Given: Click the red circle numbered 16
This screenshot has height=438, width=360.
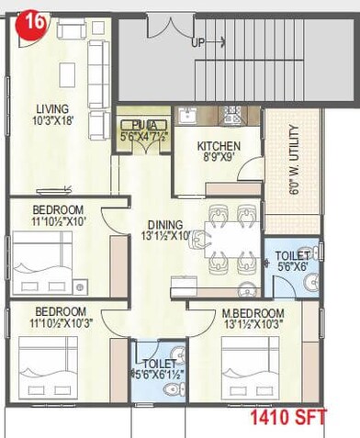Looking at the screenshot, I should coord(33,24).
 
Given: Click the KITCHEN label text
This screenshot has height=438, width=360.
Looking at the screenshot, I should coord(219,146).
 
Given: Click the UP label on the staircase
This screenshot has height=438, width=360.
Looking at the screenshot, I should coord(197,42).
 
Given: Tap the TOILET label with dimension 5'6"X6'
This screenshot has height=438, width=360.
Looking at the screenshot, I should coord(292,256).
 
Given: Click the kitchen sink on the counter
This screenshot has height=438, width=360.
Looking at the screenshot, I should coord(188,117).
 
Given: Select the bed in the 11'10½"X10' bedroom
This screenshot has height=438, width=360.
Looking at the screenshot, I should coord(42,252).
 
